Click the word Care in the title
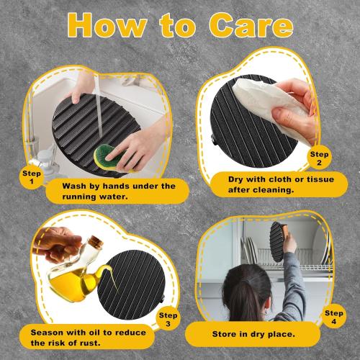[x=251, y=25]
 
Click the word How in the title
[x=107, y=25]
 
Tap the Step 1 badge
[x=32, y=177]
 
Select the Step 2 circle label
[x=319, y=158]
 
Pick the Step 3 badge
[x=168, y=319]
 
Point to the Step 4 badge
[x=334, y=317]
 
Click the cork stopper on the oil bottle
[x=96, y=240]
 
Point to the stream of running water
[x=99, y=106]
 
